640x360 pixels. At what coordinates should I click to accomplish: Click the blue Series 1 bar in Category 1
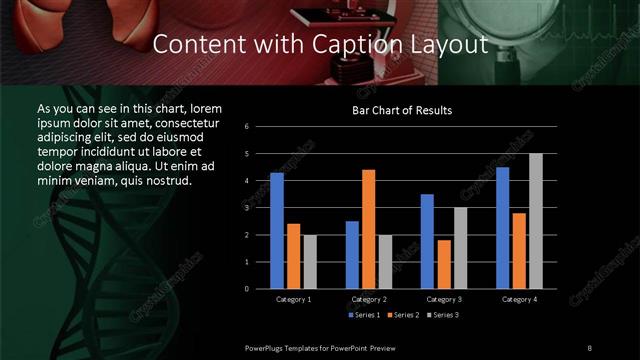277,231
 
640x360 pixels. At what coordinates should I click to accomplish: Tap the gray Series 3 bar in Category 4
535,221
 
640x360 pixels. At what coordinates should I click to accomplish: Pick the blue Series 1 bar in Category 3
427,241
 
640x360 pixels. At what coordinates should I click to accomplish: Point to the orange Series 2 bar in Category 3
443,264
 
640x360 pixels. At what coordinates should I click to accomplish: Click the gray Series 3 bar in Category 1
309,262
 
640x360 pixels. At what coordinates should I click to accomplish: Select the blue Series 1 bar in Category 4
502,228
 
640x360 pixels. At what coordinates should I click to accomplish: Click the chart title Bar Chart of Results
401,110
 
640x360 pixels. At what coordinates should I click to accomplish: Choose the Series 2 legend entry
403,315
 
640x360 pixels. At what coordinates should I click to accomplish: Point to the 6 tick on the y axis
260,127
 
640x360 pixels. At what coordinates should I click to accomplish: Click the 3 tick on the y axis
260,208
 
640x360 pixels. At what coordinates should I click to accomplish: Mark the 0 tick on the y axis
260,289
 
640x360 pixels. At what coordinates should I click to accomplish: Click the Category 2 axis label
368,299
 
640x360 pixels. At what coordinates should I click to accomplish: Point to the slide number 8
590,347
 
